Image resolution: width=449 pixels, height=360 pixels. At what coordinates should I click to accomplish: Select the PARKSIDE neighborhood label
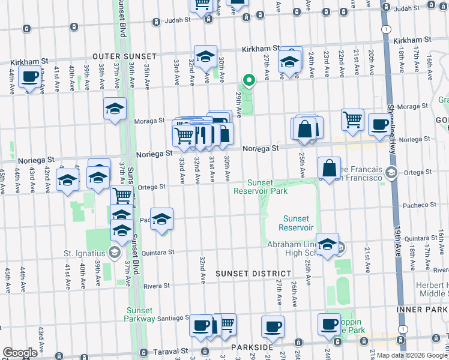253,347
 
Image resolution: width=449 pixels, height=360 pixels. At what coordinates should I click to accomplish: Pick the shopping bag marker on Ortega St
330,168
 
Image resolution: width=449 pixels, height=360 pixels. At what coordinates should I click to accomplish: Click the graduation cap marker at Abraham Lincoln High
327,244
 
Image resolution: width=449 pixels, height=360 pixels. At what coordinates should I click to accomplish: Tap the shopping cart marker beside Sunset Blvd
122,195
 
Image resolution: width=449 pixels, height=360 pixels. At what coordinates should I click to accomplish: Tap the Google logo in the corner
20,353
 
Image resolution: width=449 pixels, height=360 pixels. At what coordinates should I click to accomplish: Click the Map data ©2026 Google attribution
412,355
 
